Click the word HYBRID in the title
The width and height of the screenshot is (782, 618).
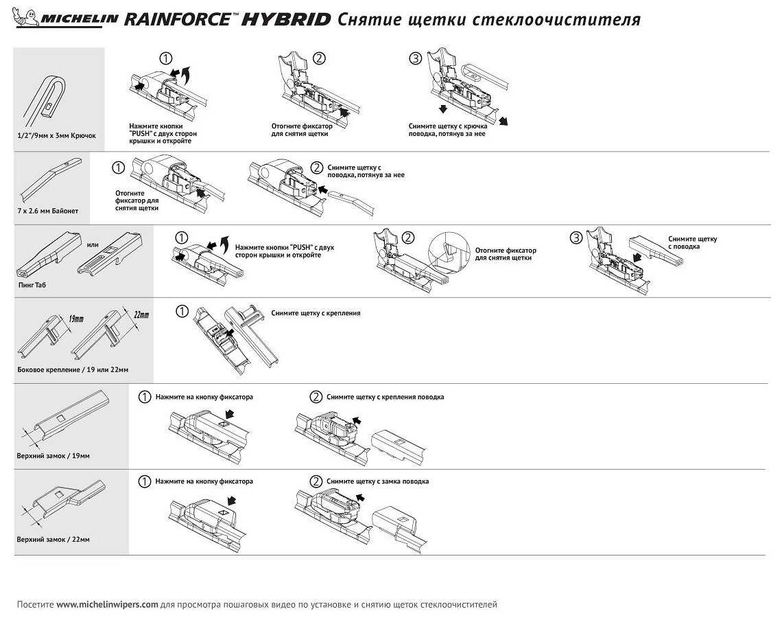[286, 19]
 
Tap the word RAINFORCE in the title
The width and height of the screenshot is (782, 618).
[178, 19]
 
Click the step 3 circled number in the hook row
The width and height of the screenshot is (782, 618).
[414, 58]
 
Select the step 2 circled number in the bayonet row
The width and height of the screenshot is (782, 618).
[316, 167]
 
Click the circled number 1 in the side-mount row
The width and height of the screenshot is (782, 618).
[182, 312]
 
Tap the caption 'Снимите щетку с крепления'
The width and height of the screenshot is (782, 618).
[316, 312]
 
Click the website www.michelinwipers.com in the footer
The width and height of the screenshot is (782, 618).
[107, 605]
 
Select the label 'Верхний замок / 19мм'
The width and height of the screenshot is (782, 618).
[53, 455]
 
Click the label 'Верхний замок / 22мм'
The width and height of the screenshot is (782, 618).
[53, 539]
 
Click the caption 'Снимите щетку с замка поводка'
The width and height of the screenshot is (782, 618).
[377, 481]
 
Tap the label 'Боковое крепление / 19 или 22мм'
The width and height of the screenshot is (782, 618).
[73, 369]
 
